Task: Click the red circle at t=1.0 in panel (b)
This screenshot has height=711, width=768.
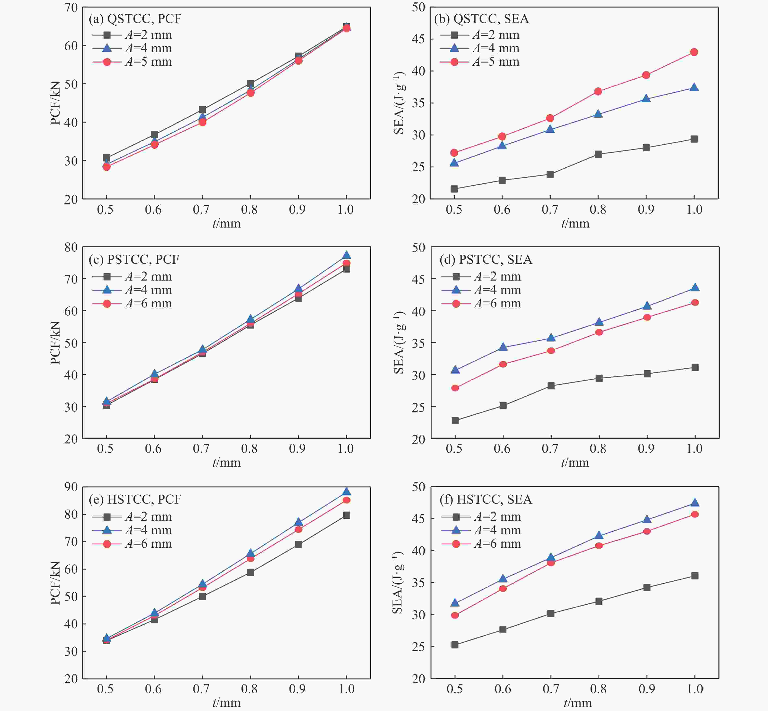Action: pos(694,52)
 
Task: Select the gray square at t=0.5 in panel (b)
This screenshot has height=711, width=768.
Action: pos(454,189)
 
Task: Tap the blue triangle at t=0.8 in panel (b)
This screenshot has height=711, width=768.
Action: pos(598,114)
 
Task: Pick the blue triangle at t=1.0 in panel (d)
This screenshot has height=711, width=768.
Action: pos(695,287)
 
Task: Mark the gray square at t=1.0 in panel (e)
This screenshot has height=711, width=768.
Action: pos(346,515)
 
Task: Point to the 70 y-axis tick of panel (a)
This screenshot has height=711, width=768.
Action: pos(71,8)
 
